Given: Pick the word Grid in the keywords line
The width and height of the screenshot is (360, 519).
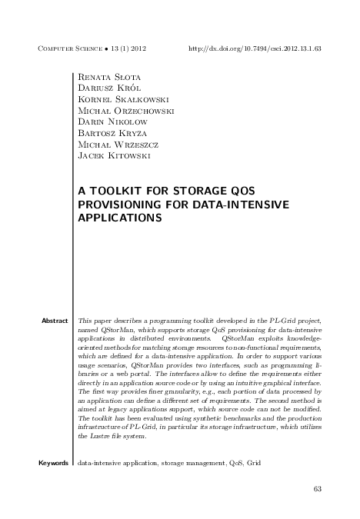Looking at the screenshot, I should pos(254,464).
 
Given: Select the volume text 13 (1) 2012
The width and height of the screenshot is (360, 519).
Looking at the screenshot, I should pos(125,48).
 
